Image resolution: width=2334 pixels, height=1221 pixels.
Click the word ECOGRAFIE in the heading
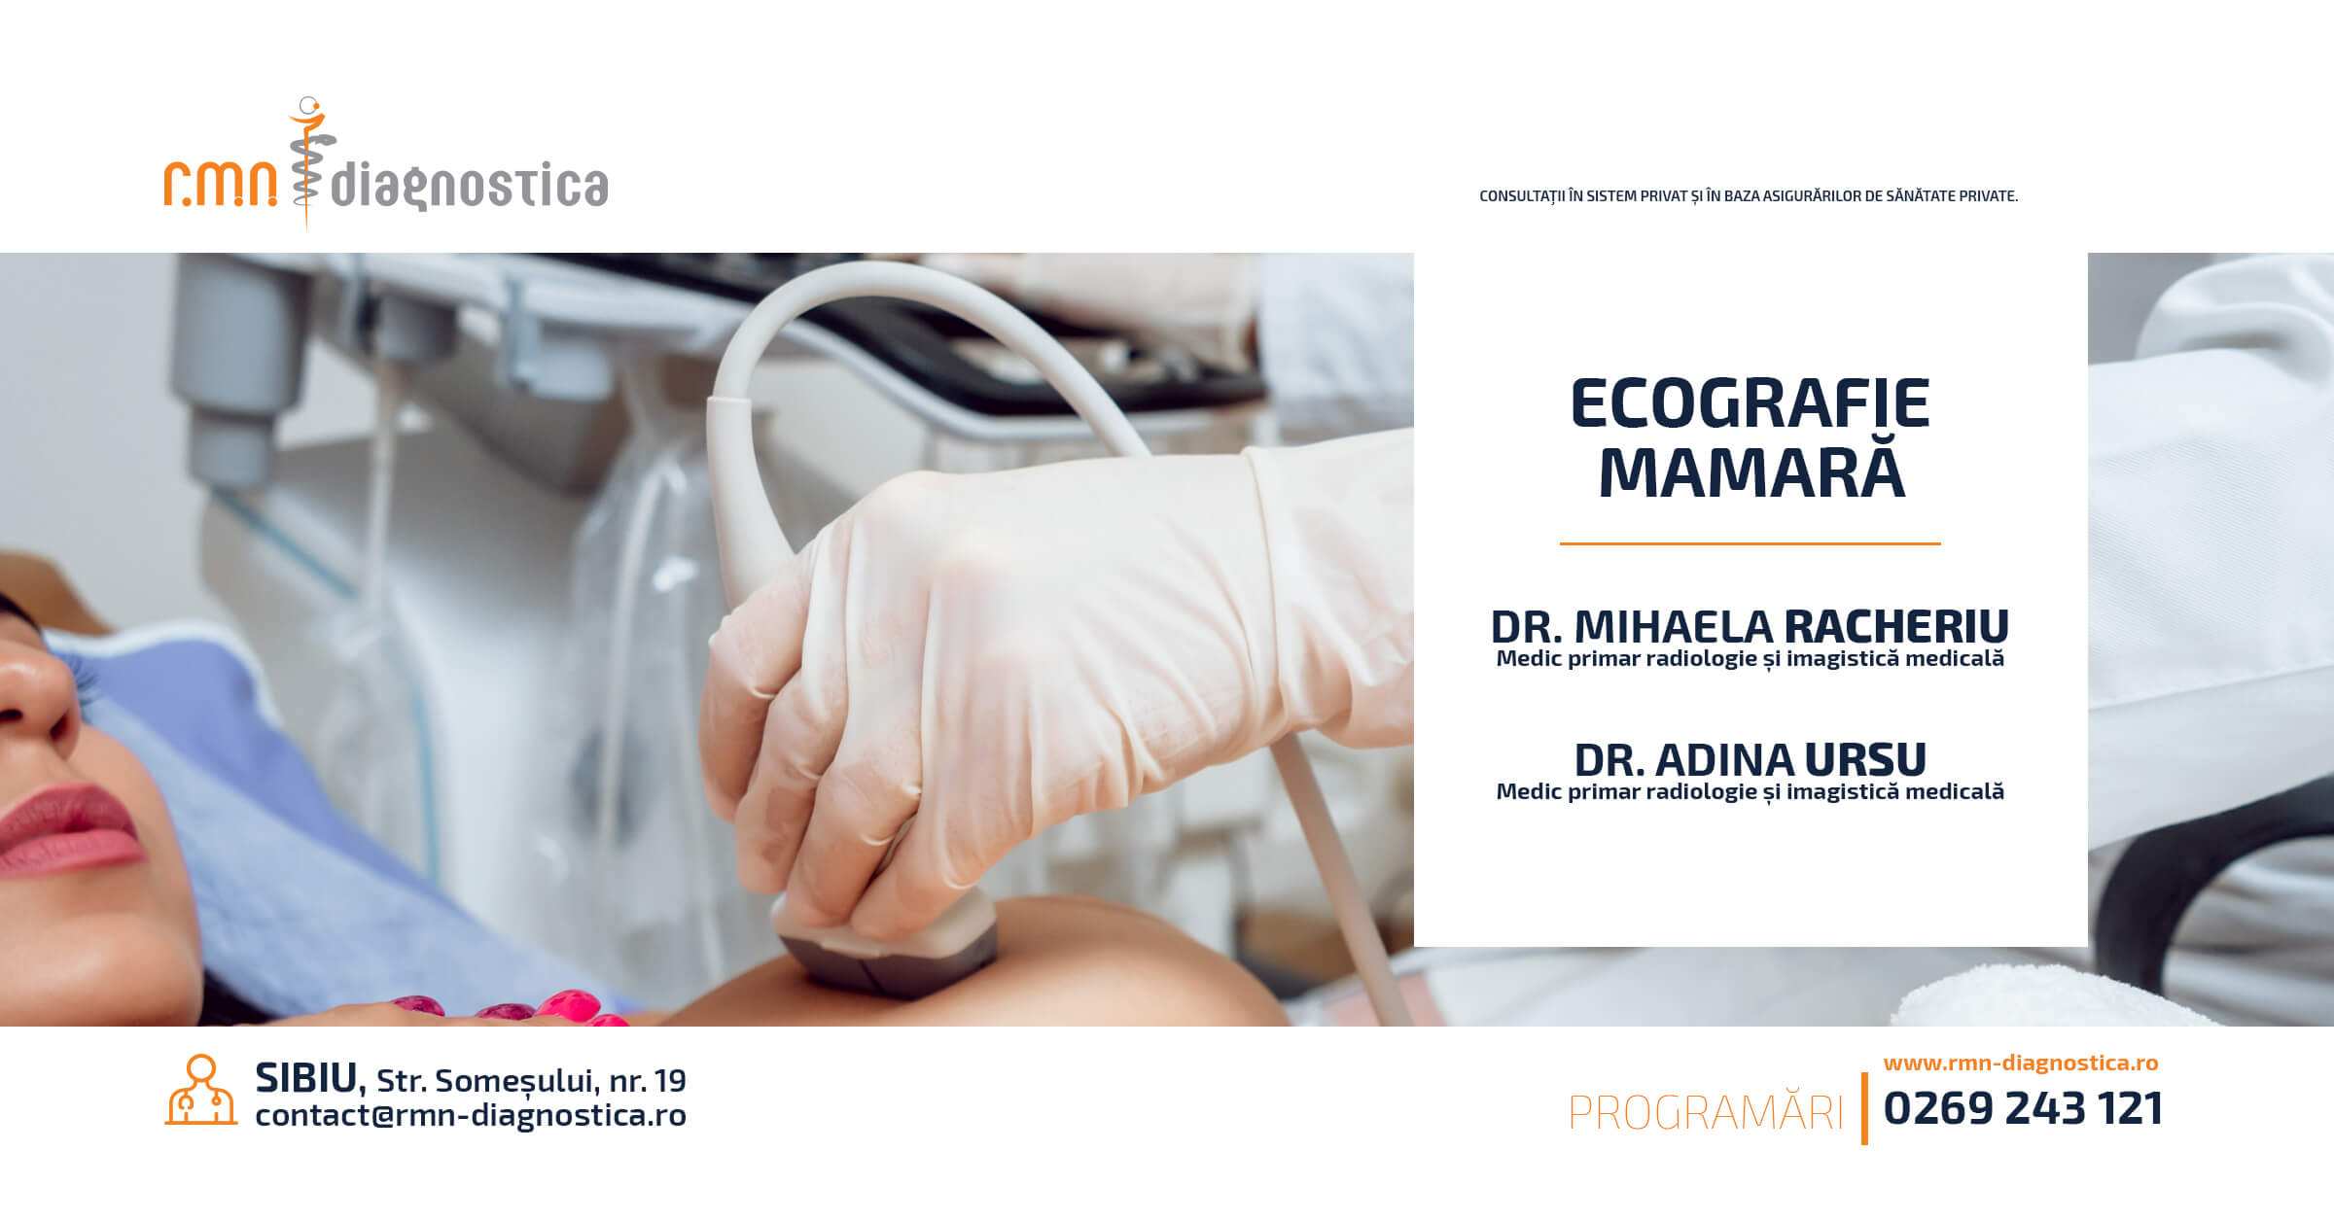pos(1750,404)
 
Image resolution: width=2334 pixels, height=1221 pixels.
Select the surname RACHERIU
pos(1896,627)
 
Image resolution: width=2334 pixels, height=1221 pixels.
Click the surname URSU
pos(1865,759)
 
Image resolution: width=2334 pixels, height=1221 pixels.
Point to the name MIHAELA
pos(1675,627)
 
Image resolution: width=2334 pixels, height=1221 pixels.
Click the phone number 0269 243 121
pos(2024,1108)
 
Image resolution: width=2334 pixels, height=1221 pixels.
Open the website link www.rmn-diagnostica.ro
pos(2021,1063)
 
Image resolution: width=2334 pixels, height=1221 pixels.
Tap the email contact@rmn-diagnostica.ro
pos(471,1115)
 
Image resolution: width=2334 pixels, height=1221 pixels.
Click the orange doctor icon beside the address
pos(201,1090)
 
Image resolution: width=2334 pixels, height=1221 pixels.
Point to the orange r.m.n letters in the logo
pos(221,184)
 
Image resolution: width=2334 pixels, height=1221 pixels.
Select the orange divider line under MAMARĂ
pos(1750,543)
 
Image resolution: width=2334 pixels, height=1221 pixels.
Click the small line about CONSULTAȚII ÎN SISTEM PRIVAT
pos(1749,196)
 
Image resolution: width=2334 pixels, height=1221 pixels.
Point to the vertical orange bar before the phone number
pos(1864,1108)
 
